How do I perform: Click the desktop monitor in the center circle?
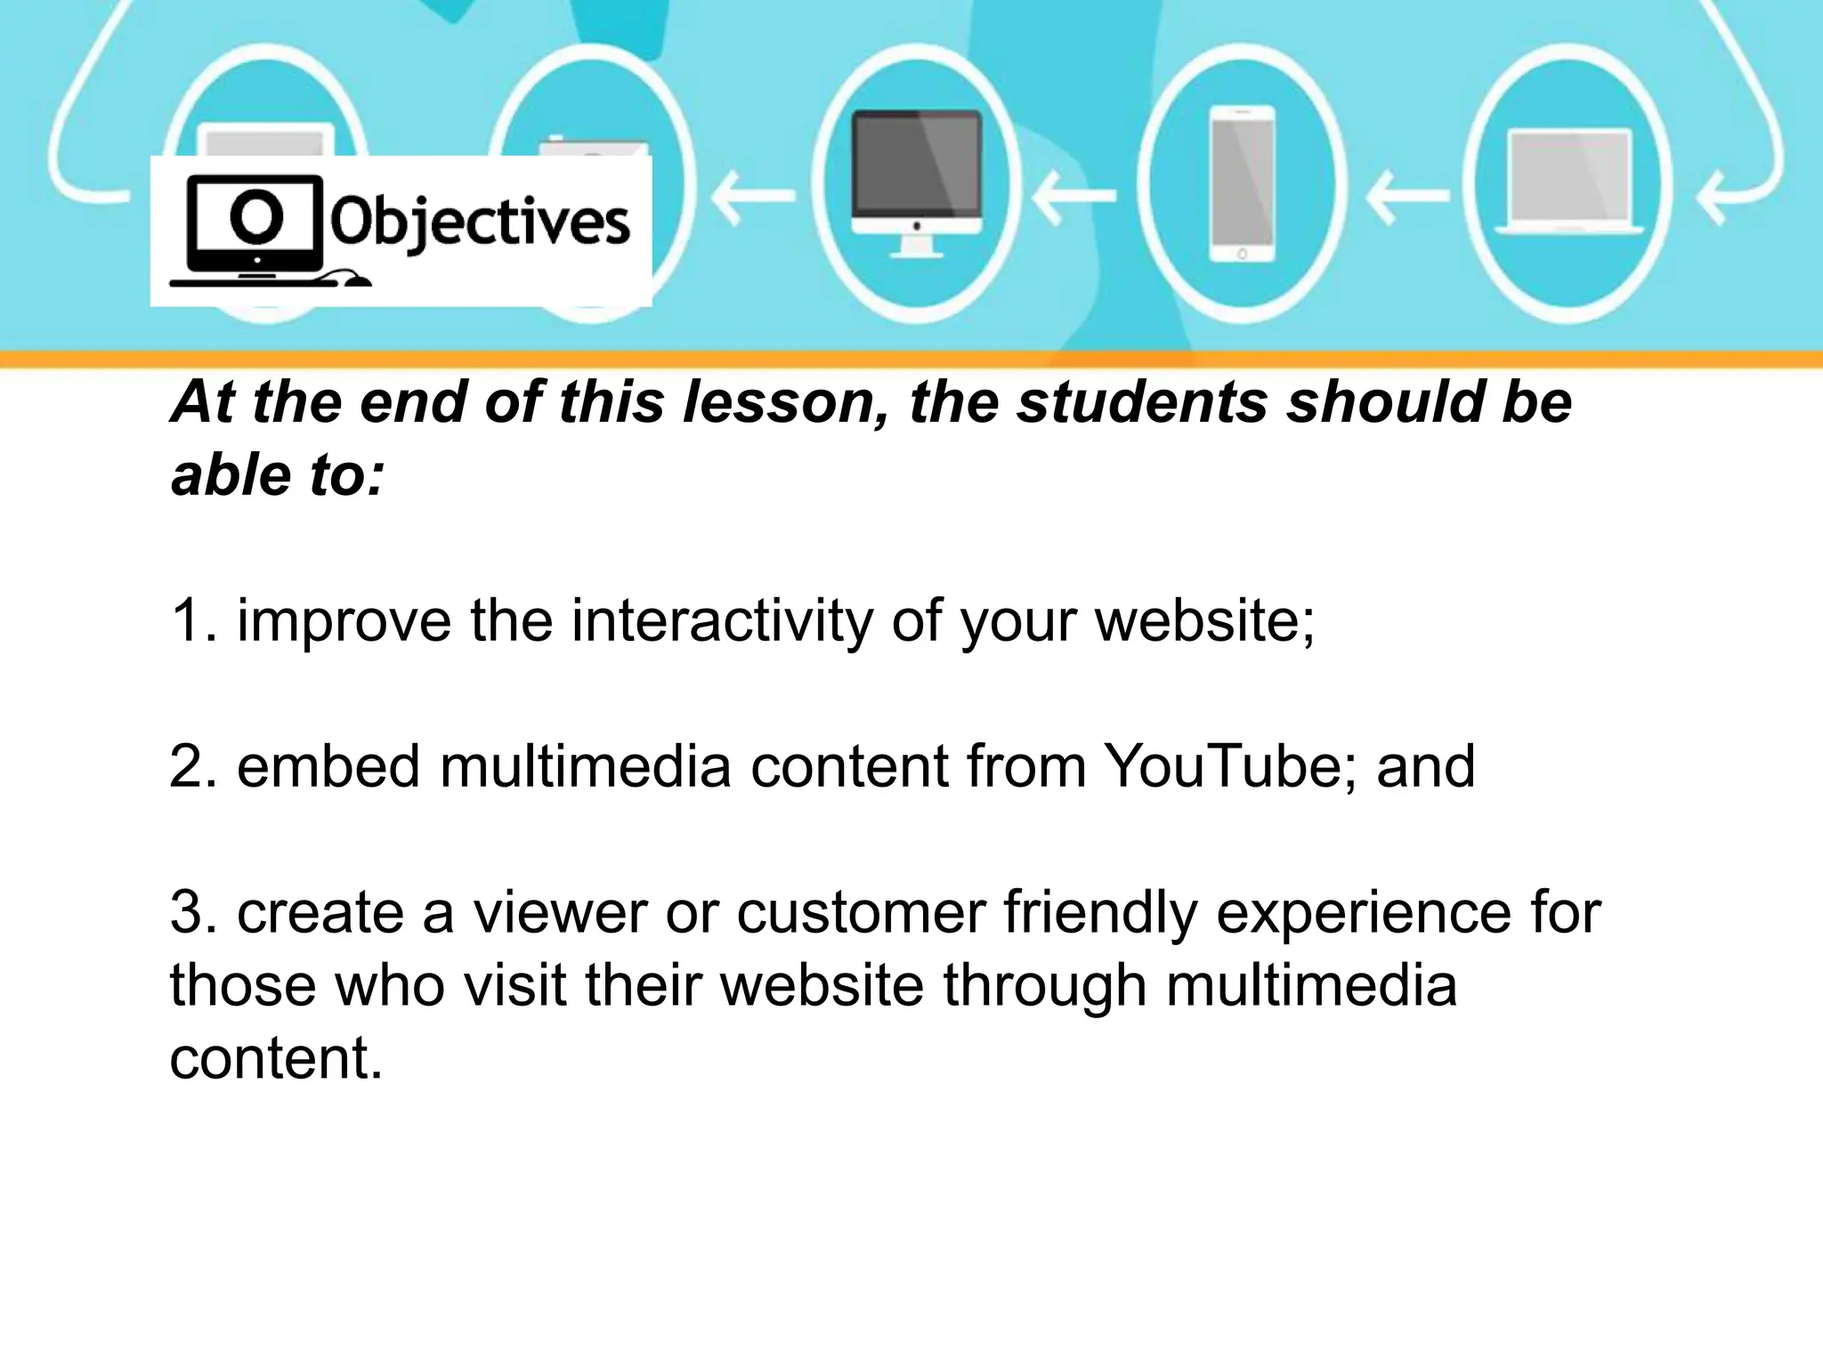coord(917,178)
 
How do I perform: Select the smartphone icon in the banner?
coord(1242,184)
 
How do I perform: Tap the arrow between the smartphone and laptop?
coord(1406,196)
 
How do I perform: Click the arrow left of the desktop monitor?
coord(752,196)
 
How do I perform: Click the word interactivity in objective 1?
coord(722,620)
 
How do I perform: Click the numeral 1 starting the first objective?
coord(189,620)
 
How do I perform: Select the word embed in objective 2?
coord(328,766)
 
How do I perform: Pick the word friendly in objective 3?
coord(1100,914)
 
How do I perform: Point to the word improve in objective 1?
coord(344,622)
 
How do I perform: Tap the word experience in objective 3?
coord(1364,914)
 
